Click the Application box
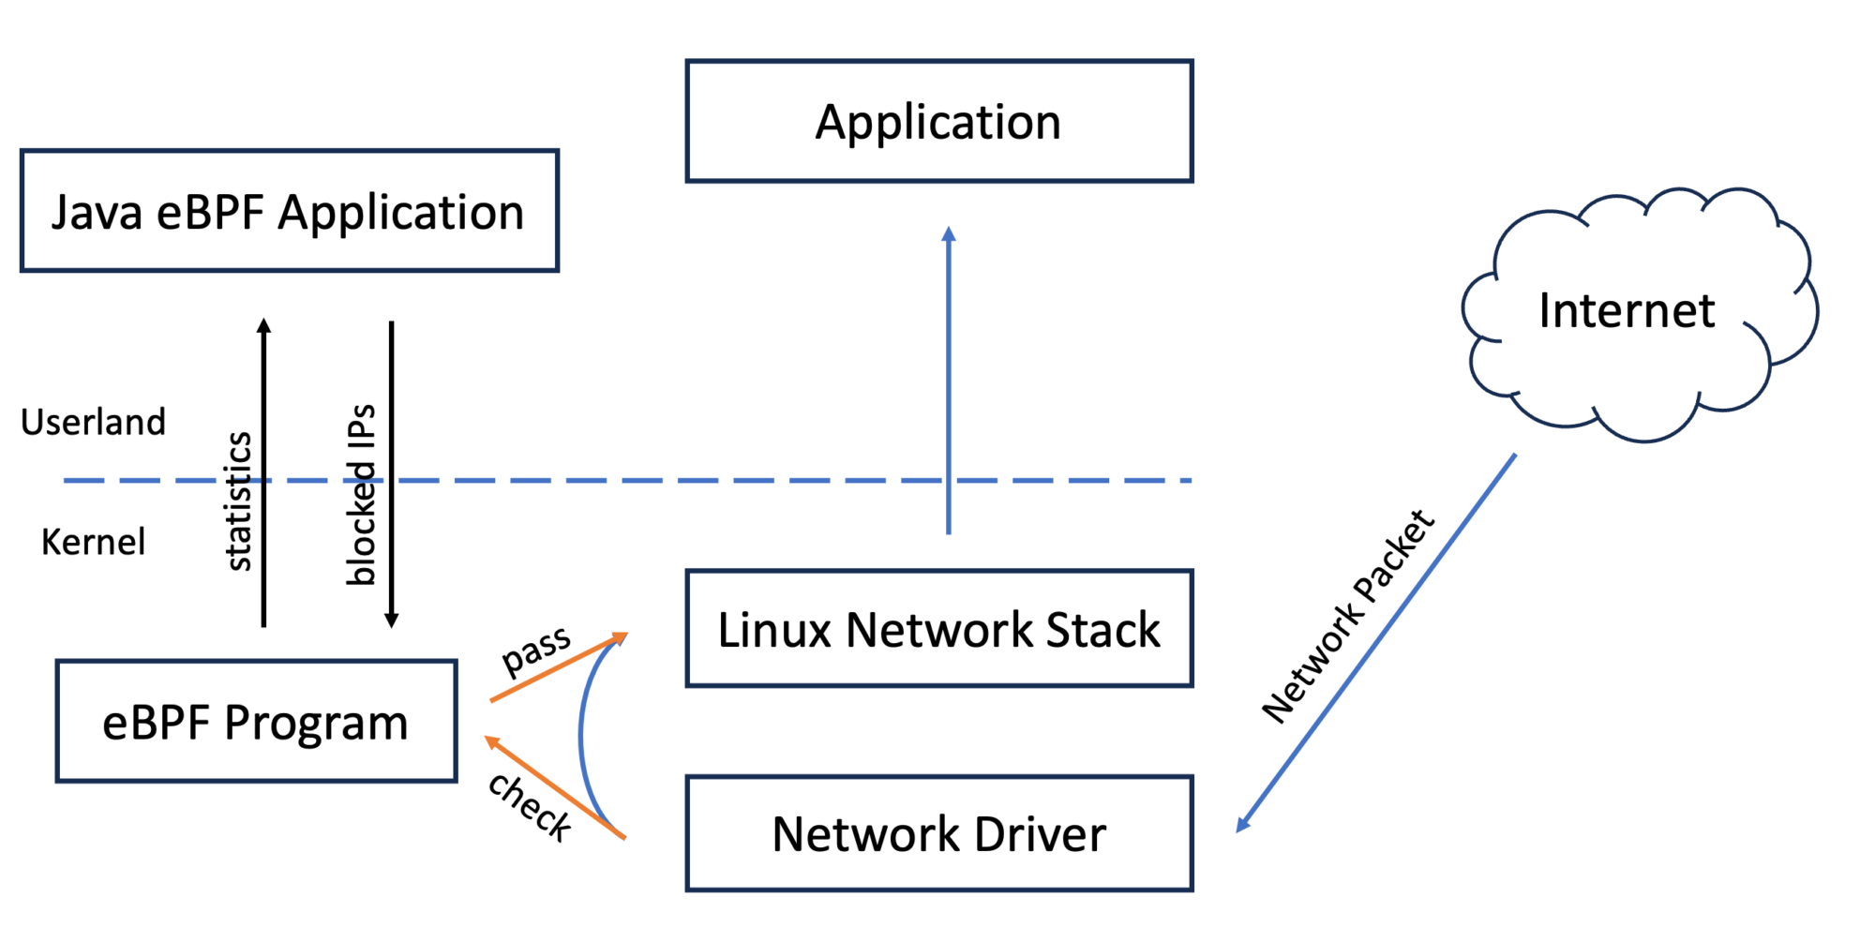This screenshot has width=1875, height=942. point(938,122)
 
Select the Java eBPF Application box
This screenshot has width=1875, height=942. point(289,212)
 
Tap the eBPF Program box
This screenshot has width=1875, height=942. point(256,722)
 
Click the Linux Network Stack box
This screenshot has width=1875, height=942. point(938,629)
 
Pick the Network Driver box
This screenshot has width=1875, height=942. point(938,833)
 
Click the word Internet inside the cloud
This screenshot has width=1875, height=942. point(1627,310)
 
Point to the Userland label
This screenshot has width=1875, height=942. point(93,422)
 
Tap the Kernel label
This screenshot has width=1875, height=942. point(93,542)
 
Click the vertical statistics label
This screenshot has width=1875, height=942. point(239,501)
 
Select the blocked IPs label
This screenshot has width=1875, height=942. point(361,495)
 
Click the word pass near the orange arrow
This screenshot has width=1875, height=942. point(535,650)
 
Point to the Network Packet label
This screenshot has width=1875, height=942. point(1347,617)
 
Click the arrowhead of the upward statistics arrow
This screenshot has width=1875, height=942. point(264,325)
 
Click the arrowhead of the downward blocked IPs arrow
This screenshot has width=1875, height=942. point(392,621)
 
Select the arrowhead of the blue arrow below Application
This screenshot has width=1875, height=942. point(949,233)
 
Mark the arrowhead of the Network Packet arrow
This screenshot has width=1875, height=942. point(1242,825)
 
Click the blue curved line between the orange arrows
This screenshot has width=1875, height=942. point(580,736)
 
